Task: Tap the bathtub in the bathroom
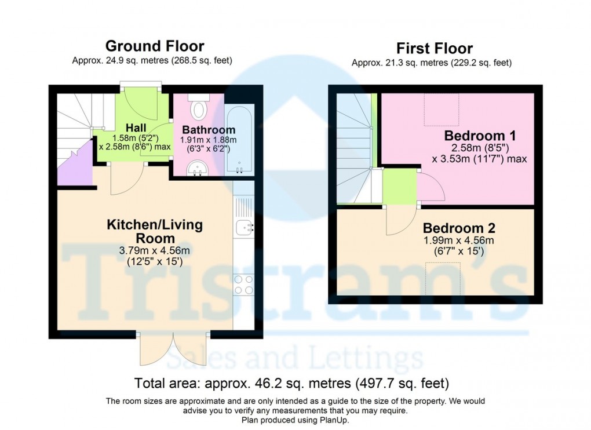pos(239,140)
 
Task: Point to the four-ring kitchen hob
pos(243,285)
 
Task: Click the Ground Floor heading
pos(155,46)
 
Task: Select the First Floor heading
pos(435,48)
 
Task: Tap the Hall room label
pos(136,127)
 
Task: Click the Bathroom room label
pos(209,130)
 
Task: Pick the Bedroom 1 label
pos(480,135)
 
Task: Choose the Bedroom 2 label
pos(459,228)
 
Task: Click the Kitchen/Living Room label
pos(155,231)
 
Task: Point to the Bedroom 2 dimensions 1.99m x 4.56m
pos(459,240)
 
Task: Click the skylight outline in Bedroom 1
pos(442,110)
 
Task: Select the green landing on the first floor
pos(400,187)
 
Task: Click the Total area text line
pos(291,383)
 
